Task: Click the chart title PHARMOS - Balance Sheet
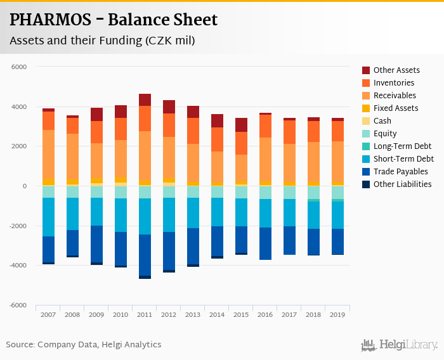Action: coord(114,20)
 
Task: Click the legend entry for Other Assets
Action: coord(396,70)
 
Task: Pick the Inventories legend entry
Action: coord(394,83)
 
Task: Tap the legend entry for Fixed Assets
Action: coord(396,108)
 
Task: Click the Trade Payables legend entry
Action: coord(400,172)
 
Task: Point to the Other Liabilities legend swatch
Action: coord(366,184)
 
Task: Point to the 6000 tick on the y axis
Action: coord(20,67)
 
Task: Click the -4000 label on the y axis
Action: coord(19,266)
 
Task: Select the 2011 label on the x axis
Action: coord(145,315)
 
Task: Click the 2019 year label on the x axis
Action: coord(337,315)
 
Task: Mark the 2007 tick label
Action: coord(48,315)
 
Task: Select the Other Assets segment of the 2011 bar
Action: coord(145,100)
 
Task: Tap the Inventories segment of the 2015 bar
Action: coord(241,143)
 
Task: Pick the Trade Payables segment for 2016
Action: coord(265,243)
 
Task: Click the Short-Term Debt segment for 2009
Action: coord(96,212)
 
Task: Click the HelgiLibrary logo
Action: coord(400,345)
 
